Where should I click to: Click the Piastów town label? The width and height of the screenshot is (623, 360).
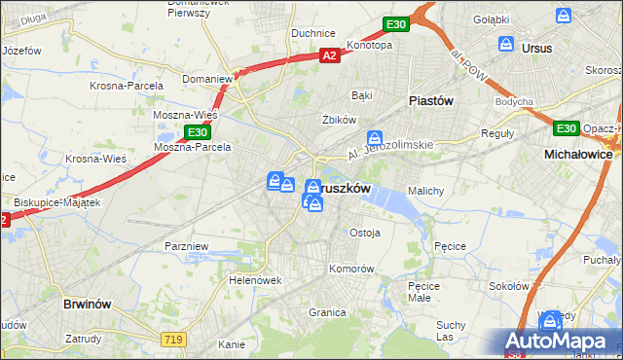(x=431, y=100)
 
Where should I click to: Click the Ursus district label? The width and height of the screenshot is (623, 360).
(x=536, y=47)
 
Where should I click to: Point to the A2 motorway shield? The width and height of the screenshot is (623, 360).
(x=331, y=56)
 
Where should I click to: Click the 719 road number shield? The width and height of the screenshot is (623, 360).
(x=174, y=337)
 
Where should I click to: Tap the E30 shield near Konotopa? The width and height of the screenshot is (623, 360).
(x=394, y=24)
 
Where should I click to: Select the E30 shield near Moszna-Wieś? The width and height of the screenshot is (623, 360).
(x=198, y=131)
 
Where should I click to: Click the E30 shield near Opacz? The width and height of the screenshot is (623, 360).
(x=566, y=128)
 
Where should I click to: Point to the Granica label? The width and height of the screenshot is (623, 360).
(x=328, y=312)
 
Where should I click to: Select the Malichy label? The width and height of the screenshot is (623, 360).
(x=426, y=191)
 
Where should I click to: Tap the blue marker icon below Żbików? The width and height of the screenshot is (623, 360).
(x=374, y=139)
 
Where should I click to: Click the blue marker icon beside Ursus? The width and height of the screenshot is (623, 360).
(x=506, y=44)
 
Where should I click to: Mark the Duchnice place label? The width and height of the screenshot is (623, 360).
(x=313, y=32)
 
